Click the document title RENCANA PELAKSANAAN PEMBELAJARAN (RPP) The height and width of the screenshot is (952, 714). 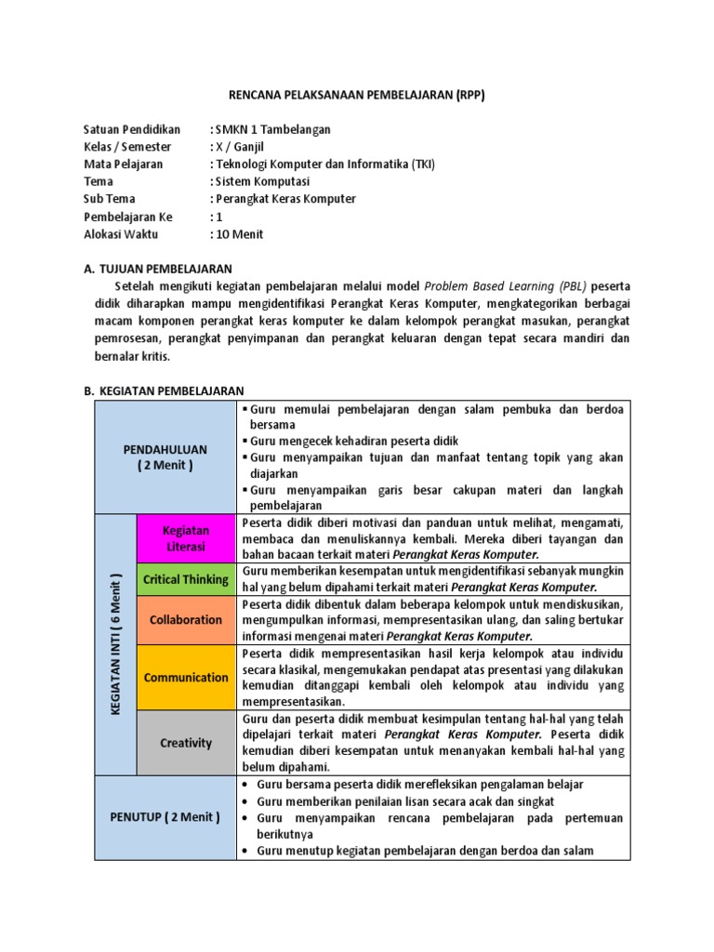(x=357, y=95)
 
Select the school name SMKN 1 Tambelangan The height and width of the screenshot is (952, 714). (x=274, y=129)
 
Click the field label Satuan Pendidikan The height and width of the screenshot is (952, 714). (x=132, y=129)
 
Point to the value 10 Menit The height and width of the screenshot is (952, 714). (x=241, y=234)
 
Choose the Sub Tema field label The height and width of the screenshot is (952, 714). (x=110, y=199)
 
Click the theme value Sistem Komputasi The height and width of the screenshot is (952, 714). (x=264, y=181)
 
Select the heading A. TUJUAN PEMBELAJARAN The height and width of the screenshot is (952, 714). (x=157, y=269)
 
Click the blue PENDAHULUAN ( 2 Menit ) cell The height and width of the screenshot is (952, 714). (x=165, y=457)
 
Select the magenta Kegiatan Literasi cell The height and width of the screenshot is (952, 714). (x=186, y=538)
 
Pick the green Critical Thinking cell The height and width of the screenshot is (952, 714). (x=186, y=579)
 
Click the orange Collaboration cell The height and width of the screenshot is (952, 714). (x=186, y=619)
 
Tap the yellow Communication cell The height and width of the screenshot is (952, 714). (x=186, y=677)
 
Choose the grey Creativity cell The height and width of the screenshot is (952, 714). (x=186, y=743)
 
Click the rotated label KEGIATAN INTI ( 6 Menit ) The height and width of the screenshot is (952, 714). (x=116, y=644)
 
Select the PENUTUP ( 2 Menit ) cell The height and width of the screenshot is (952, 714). (x=165, y=817)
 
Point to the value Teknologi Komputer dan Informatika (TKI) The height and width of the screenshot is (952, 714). (x=325, y=165)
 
